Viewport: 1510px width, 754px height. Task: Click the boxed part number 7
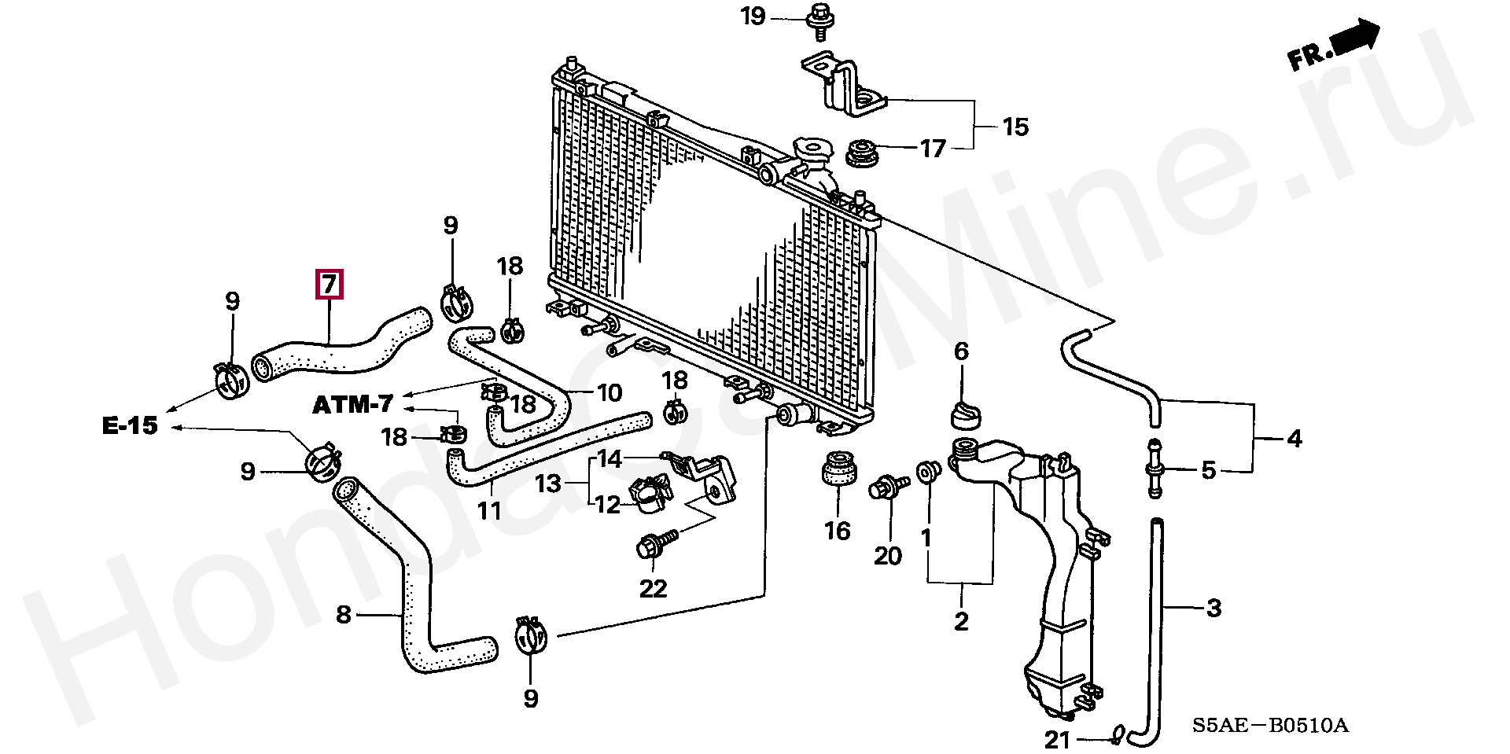(x=330, y=284)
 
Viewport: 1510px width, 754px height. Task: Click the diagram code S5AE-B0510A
(x=1269, y=725)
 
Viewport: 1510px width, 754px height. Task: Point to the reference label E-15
(x=131, y=425)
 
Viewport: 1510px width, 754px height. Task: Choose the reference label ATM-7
(x=353, y=405)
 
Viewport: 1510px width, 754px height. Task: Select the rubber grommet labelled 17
(x=863, y=152)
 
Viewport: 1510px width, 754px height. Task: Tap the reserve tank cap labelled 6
(x=966, y=415)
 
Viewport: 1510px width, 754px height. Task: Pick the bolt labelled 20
(x=889, y=486)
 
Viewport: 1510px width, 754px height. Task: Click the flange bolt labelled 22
(x=656, y=543)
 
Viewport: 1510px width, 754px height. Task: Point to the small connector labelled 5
(x=1155, y=468)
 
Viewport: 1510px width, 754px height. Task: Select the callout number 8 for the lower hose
(x=343, y=614)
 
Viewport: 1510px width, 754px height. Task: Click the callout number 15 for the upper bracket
(x=1015, y=127)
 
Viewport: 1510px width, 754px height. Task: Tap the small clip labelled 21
(x=1117, y=735)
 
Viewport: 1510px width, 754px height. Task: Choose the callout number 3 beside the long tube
(x=1214, y=607)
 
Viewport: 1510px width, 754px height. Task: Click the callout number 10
(x=610, y=392)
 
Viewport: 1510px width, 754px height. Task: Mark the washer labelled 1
(x=929, y=471)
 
